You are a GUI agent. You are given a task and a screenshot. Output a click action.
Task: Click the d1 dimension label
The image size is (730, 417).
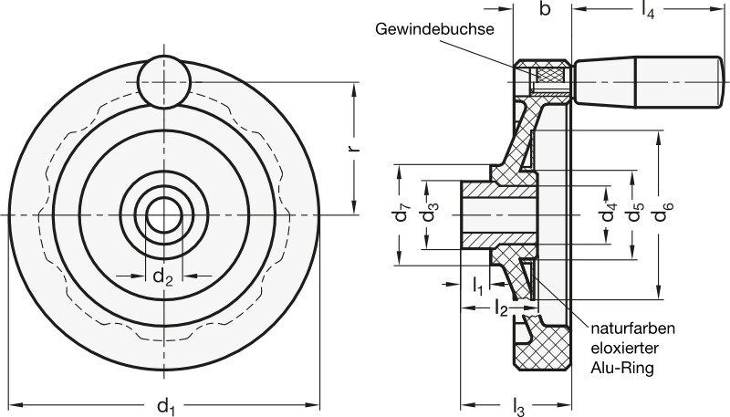(165, 401)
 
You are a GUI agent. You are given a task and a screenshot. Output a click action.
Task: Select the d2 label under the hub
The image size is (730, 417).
(162, 275)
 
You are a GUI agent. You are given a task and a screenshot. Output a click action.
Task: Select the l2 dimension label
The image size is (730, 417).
(500, 309)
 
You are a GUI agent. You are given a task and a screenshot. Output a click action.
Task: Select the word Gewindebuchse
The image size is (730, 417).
(434, 29)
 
